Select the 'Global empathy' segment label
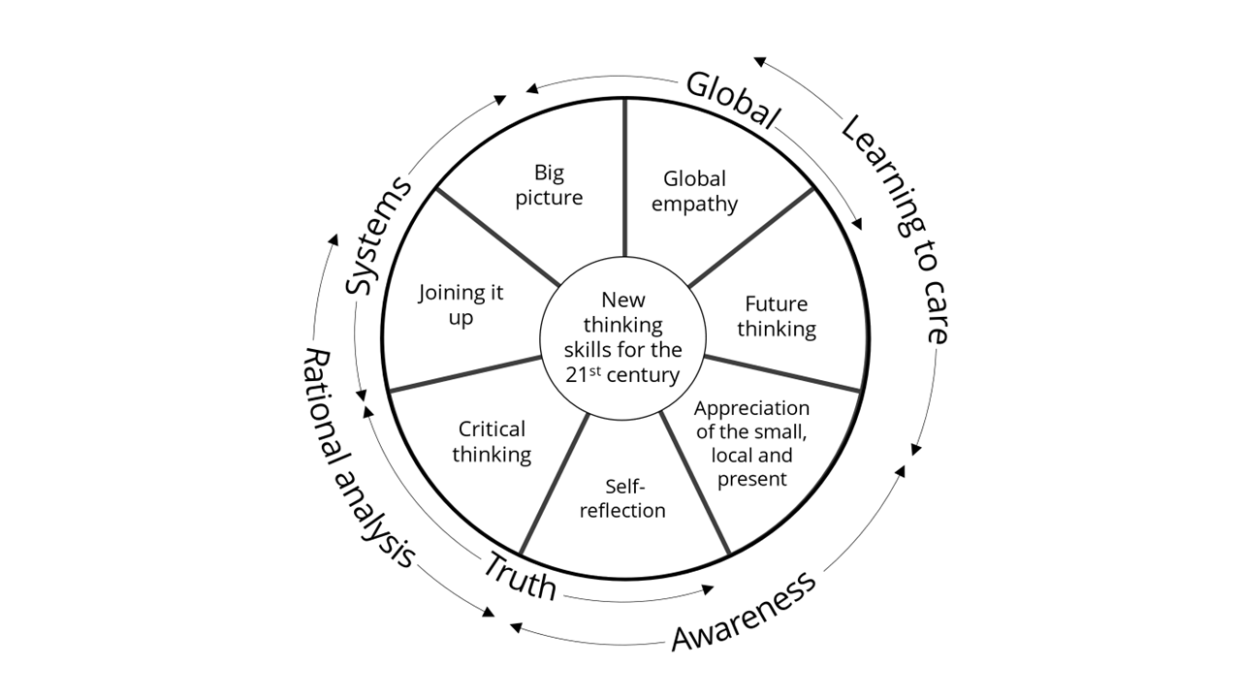click(694, 191)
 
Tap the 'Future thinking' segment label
click(776, 316)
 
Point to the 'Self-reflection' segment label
click(622, 497)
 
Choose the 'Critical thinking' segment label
click(492, 441)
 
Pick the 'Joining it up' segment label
click(461, 304)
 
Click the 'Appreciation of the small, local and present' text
click(751, 443)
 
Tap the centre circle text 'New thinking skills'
click(622, 337)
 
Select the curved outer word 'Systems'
click(379, 236)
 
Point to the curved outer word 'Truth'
click(521, 575)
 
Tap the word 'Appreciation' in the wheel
click(751, 408)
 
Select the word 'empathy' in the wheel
click(694, 204)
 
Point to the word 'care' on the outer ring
click(932, 312)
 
